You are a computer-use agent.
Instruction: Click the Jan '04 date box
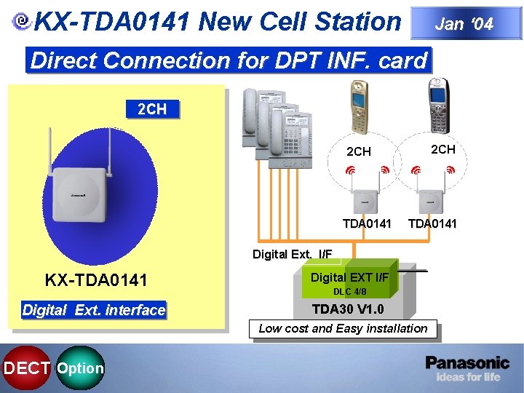pyautogui.click(x=464, y=23)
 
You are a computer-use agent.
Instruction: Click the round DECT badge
pyautogui.click(x=25, y=368)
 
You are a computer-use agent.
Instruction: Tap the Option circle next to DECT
pyautogui.click(x=80, y=368)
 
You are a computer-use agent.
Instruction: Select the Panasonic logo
pyautogui.click(x=467, y=362)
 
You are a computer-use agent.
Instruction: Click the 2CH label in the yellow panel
pyautogui.click(x=151, y=109)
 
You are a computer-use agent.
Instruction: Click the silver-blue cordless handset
pyautogui.click(x=437, y=106)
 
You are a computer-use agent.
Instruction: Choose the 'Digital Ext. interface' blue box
pyautogui.click(x=94, y=310)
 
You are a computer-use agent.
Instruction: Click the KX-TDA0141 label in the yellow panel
pyautogui.click(x=96, y=279)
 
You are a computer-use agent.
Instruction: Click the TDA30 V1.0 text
pyautogui.click(x=349, y=309)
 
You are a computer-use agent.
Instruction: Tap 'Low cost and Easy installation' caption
pyautogui.click(x=343, y=329)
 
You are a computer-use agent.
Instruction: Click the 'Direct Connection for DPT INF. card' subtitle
pyautogui.click(x=229, y=60)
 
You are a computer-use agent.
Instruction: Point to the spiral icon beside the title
pyautogui.click(x=23, y=23)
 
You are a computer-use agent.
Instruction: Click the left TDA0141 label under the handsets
pyautogui.click(x=367, y=223)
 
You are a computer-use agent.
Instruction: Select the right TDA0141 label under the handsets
pyautogui.click(x=432, y=223)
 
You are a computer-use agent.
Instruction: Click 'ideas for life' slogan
pyautogui.click(x=468, y=377)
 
